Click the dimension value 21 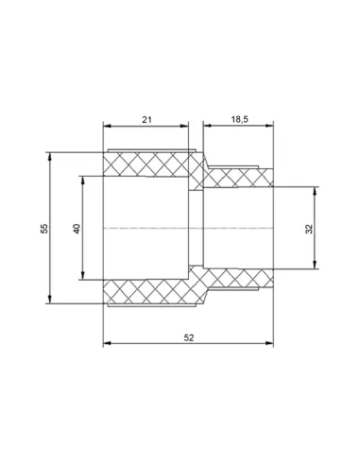point(146,120)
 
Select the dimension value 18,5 point(240,119)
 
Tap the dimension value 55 point(45,229)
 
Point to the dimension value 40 point(77,229)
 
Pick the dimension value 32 point(310,229)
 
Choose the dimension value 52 point(189,337)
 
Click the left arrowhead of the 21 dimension point(107,126)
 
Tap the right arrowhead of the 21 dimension point(184,126)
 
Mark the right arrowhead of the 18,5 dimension point(269,126)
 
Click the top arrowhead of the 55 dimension point(49,156)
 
